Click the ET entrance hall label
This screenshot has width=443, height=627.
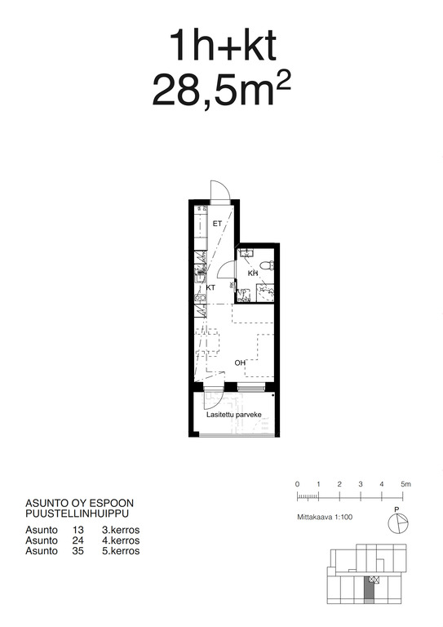(217, 224)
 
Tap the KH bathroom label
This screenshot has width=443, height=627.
(253, 273)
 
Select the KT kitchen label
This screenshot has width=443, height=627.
(210, 287)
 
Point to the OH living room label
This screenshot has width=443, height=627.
(240, 362)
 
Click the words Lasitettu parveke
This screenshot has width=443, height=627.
(234, 415)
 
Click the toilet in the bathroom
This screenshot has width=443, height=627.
(267, 265)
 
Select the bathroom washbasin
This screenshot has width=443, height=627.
(246, 253)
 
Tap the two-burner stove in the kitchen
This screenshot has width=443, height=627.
(200, 297)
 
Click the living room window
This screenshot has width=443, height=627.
(250, 387)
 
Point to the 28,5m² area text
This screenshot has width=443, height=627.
(221, 91)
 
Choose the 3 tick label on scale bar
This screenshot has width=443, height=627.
(361, 484)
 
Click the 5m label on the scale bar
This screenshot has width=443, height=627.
(405, 484)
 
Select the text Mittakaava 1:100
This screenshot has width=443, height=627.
(325, 517)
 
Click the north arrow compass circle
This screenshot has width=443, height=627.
(398, 523)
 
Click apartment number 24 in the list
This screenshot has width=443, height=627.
(78, 540)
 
